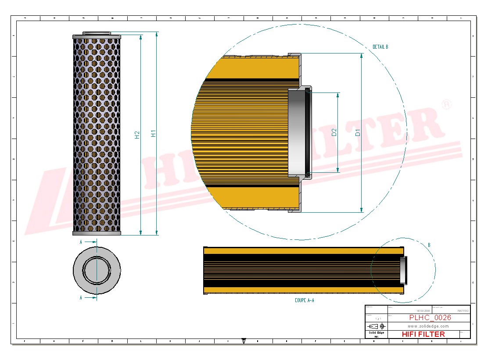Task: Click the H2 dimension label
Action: coord(137,135)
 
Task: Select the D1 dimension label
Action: coord(358,132)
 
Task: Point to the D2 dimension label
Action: coord(334,132)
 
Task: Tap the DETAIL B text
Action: coord(380,47)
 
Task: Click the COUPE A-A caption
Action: coord(305,300)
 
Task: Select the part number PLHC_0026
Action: coord(430,318)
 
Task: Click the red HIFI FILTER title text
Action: coord(423,334)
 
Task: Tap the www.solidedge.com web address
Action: coord(428,326)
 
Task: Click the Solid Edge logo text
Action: coord(376,333)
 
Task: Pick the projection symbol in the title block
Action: coord(376,326)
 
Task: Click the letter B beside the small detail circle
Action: coord(429,245)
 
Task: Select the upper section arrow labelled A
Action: coord(88,242)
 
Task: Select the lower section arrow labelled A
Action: coord(88,297)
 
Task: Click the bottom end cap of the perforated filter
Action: coord(97,233)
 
